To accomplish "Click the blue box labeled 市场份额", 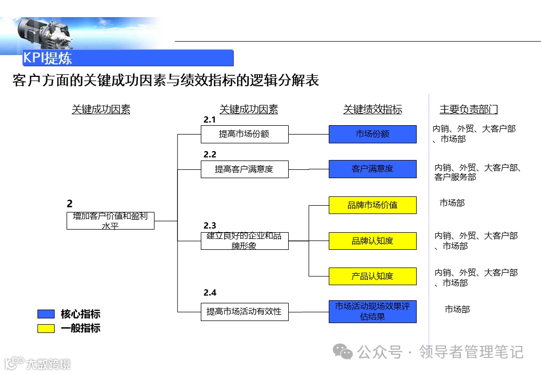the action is (x=372, y=134).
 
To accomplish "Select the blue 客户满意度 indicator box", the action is (x=372, y=169).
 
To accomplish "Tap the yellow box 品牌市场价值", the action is (x=372, y=205).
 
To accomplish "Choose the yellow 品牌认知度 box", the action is (x=372, y=241).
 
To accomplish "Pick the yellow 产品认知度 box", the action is (x=372, y=276).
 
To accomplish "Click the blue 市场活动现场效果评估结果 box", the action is (x=372, y=311).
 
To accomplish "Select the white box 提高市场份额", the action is (x=244, y=134).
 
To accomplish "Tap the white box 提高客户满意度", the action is (x=244, y=169).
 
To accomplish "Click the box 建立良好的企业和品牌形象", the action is (x=244, y=241).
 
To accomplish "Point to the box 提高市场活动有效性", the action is (x=244, y=311).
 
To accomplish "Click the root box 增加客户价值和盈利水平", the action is (x=111, y=221).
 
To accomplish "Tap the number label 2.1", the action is (x=210, y=120).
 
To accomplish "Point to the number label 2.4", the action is (x=210, y=292).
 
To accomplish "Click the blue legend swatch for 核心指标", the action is (x=46, y=314).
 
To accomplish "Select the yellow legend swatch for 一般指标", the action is (x=46, y=328).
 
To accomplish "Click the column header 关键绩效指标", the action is (x=372, y=110).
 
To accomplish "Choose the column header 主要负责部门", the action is (x=469, y=110).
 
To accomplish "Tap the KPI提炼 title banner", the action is (x=128, y=58).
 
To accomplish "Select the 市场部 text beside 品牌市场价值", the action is (x=452, y=203).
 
